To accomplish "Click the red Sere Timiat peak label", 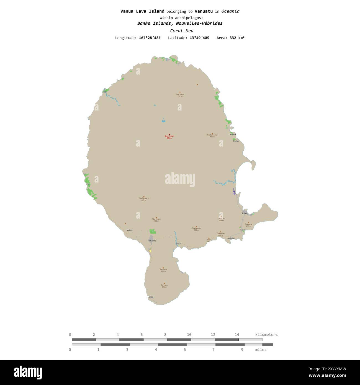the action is pos(169,137).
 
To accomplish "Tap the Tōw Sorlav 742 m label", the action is pos(180,95).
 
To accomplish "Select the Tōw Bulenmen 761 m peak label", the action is pos(212,135).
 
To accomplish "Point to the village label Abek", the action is pos(105,92).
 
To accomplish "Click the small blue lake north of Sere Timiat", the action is pos(163,120).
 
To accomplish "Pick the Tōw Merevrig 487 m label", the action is pos(144,199).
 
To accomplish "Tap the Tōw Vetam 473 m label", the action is pos(156,220).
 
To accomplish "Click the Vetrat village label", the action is pos(129,230).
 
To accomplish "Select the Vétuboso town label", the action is pos(152,241).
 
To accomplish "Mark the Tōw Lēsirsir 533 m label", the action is pos(196,229).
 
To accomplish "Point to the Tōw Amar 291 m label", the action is pos(248,225).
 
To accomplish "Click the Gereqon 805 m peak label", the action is pos(164,286).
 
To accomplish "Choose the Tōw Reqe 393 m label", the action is pos(163,270).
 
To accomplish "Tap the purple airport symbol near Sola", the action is pos(234,192).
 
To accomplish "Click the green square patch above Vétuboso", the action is pos(153,231).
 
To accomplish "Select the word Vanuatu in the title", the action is pos(204,11).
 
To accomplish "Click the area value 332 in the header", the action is pos(233,38).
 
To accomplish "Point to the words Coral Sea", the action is pos(182,31).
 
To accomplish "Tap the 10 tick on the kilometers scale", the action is pos(189,335).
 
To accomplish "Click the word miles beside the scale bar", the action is pos(261,350).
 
